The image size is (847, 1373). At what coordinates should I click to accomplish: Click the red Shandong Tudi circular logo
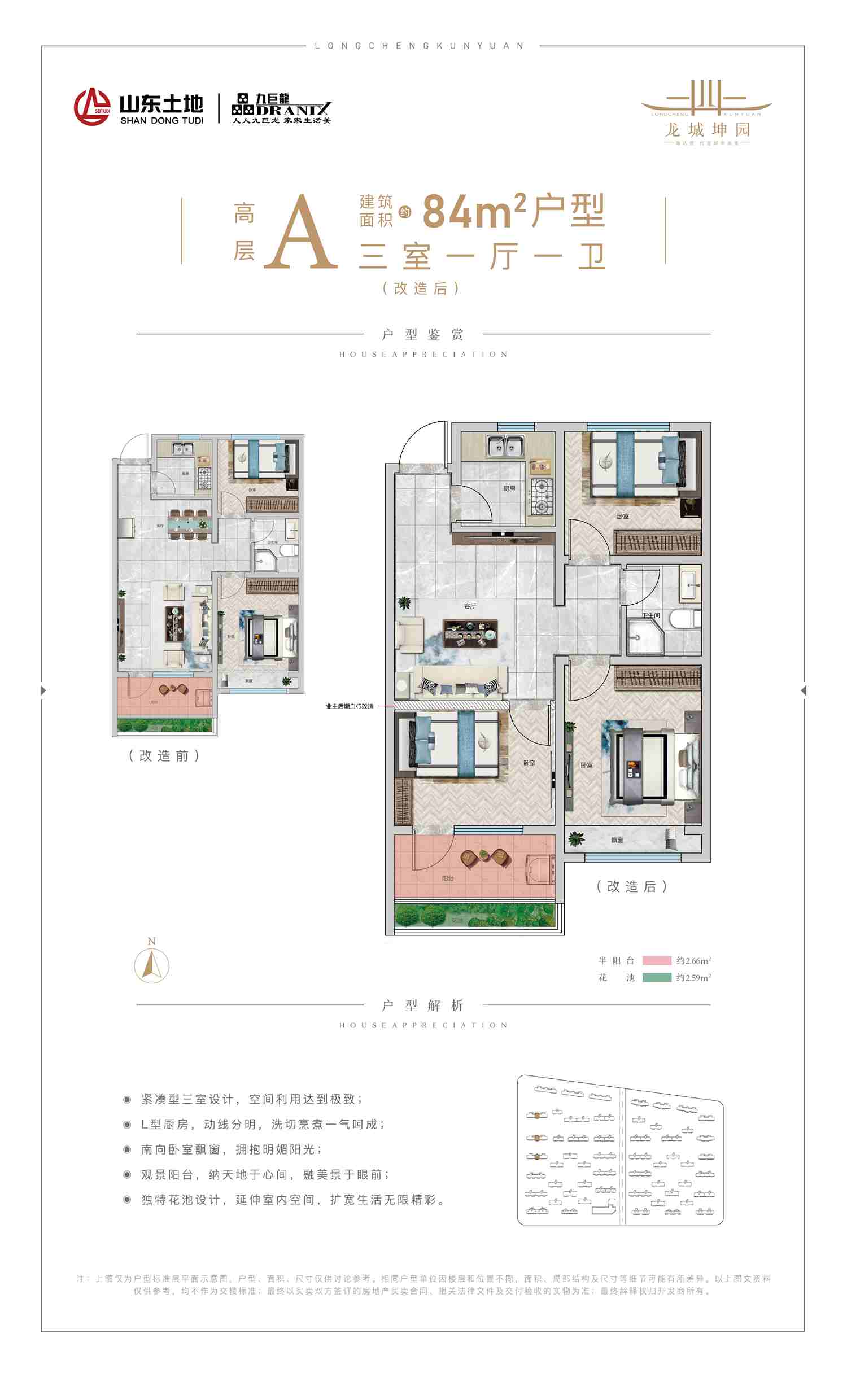[x=93, y=106]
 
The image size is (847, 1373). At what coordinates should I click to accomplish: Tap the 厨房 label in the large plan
[x=509, y=488]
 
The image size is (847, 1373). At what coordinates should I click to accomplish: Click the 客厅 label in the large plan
[x=470, y=606]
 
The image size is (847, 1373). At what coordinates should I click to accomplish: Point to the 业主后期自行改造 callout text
[x=350, y=706]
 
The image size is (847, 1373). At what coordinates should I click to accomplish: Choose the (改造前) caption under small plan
[x=164, y=755]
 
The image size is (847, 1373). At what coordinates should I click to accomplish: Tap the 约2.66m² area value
[x=693, y=960]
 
